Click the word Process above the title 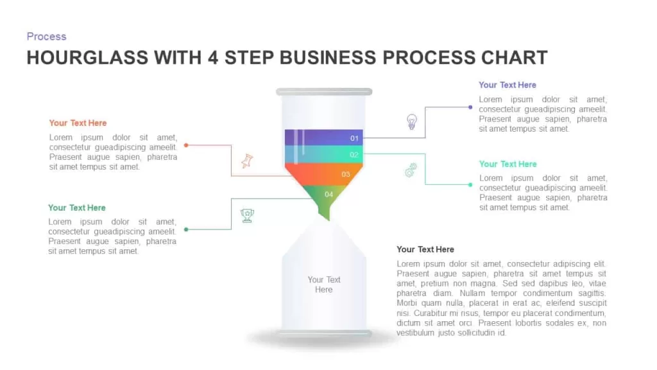[46, 37]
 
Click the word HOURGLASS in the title [87, 58]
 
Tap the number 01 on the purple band [354, 138]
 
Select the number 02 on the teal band [354, 155]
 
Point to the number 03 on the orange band [346, 174]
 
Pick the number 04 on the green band [329, 194]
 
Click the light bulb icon [412, 121]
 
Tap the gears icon [411, 170]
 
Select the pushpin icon [247, 161]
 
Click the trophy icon [247, 216]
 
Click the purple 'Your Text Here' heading [508, 85]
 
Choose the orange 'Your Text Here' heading [78, 123]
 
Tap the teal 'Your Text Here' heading [508, 164]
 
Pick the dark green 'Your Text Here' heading [77, 207]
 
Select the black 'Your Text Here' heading [425, 250]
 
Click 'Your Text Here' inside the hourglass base [324, 285]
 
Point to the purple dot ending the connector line [470, 107]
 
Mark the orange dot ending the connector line [186, 145]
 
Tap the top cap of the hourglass [324, 92]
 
